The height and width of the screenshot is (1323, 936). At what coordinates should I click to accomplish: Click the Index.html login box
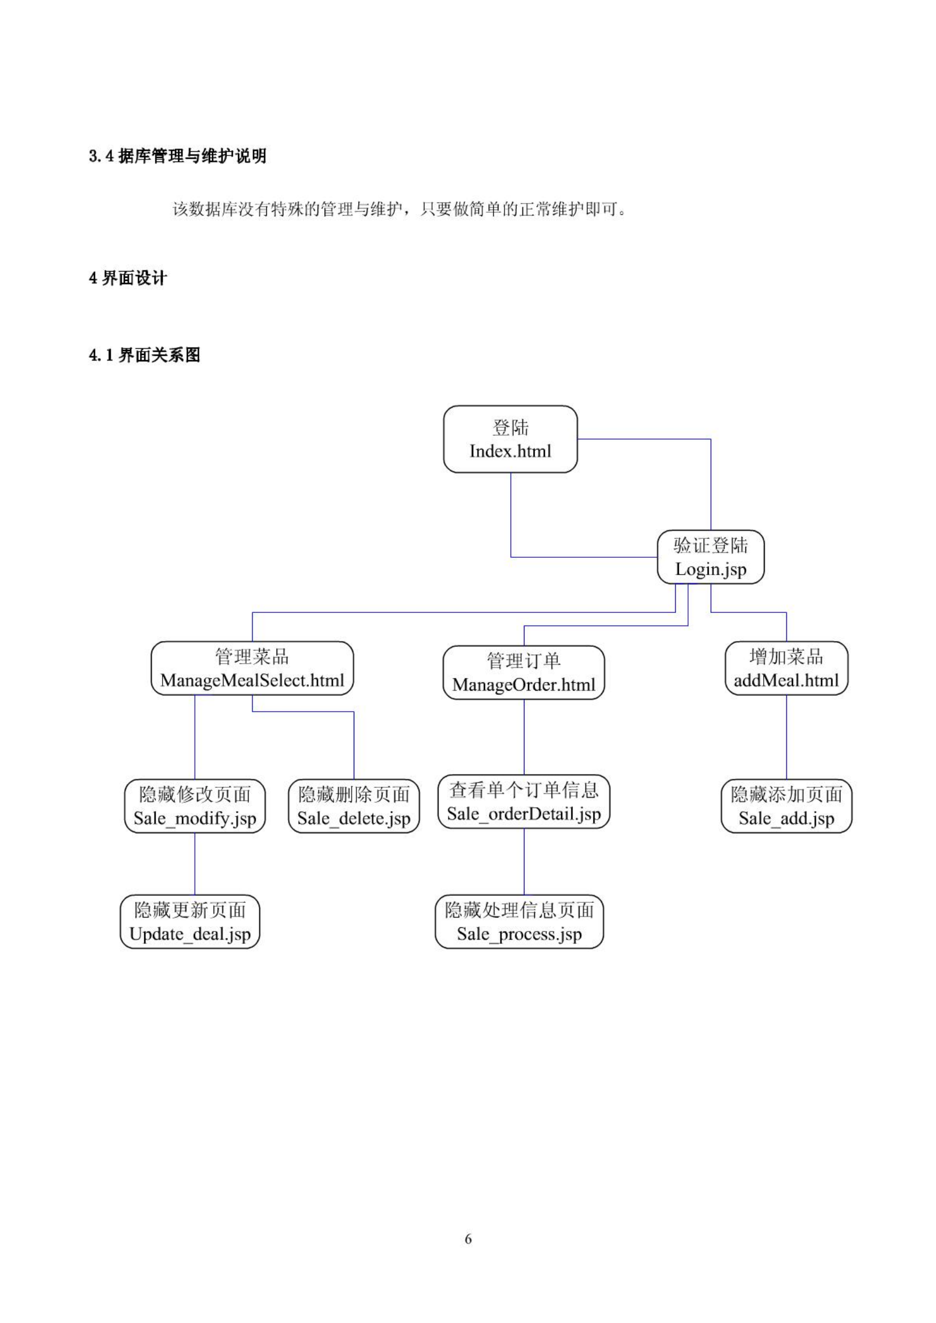(510, 439)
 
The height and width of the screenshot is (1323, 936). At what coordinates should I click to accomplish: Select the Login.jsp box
(711, 557)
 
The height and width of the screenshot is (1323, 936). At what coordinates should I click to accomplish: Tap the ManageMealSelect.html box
(252, 669)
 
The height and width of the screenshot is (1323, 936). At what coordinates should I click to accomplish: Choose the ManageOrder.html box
(524, 672)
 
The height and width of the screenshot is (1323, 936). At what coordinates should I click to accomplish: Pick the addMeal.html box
(787, 669)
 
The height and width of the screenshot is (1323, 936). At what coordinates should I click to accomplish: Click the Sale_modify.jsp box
(195, 806)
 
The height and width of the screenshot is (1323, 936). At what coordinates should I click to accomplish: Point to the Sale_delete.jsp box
(354, 806)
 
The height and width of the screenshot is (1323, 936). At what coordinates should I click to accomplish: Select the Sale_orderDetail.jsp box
(524, 801)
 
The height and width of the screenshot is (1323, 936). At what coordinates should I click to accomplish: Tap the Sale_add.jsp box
(787, 806)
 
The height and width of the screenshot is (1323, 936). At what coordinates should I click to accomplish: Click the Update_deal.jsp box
(190, 921)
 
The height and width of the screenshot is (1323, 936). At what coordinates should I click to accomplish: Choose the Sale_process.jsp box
(519, 921)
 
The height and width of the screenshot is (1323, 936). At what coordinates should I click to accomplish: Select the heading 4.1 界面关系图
(145, 355)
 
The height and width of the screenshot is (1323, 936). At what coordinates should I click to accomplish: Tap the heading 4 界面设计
(128, 278)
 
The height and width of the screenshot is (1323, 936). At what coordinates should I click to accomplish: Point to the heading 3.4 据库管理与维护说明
(178, 156)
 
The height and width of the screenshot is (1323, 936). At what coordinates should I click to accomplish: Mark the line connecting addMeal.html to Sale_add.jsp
(787, 737)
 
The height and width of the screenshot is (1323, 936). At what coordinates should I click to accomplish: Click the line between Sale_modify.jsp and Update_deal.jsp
(195, 864)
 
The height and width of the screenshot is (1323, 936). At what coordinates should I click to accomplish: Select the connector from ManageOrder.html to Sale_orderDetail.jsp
(524, 737)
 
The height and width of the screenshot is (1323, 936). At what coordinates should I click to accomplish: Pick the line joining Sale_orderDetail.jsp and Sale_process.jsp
(524, 861)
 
